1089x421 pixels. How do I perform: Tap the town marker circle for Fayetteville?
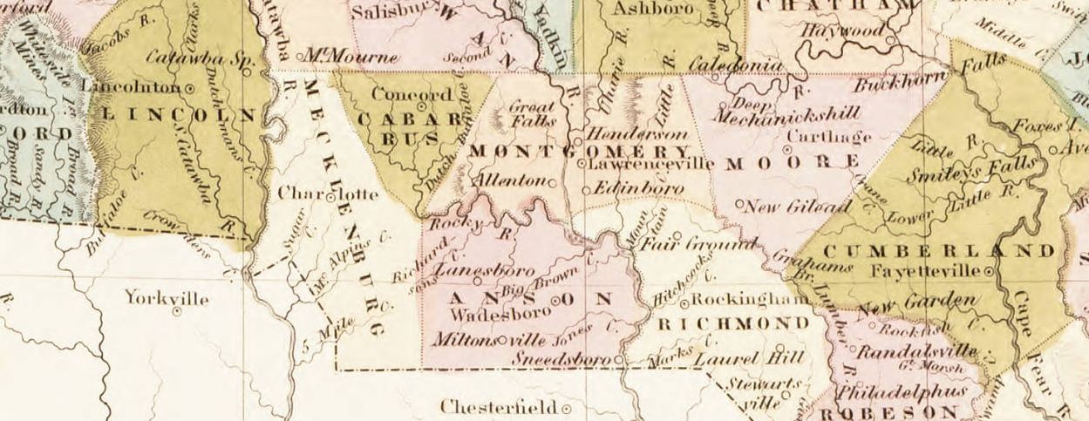[989, 272]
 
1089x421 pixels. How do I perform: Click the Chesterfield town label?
[499, 407]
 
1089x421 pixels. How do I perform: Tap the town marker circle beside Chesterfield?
[566, 408]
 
